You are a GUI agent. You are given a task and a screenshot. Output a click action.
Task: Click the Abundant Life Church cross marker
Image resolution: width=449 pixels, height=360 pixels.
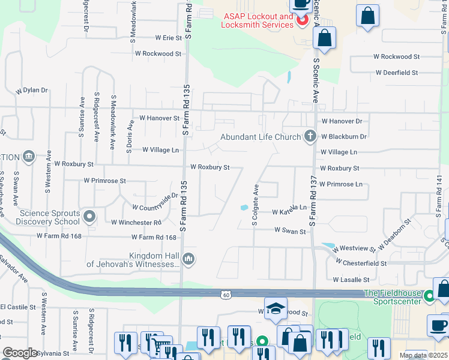coord(310,136)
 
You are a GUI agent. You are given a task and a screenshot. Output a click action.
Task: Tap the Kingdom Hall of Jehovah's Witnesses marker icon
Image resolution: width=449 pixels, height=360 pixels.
coord(188,259)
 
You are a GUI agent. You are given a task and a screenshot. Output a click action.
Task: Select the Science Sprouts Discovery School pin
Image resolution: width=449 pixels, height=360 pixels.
coord(89,216)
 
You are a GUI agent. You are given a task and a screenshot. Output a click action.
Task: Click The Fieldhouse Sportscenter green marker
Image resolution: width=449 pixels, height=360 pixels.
coord(429,296)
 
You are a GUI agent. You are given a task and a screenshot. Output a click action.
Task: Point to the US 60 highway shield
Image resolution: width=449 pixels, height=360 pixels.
coord(225,294)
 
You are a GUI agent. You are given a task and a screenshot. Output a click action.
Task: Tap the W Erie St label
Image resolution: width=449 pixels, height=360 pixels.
coord(168,38)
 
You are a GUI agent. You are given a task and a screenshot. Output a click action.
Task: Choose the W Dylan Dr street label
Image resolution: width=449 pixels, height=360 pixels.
coord(32,90)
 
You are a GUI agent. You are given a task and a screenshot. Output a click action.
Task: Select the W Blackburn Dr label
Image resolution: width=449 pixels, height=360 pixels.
coord(343,137)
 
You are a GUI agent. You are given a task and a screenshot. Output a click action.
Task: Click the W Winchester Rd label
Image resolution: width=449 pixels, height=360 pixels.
coord(136,222)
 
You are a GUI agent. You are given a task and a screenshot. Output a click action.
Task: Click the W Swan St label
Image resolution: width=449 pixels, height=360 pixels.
coord(291,230)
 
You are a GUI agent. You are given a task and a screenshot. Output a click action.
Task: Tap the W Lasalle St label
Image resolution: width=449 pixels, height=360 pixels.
coord(352,280)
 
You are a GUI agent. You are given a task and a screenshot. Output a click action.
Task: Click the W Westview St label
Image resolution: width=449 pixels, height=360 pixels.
coord(354,248)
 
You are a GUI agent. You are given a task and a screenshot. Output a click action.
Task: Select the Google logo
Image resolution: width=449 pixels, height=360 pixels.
coord(20,352)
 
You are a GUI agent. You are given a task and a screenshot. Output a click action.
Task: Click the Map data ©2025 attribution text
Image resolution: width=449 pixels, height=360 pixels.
coord(423,355)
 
